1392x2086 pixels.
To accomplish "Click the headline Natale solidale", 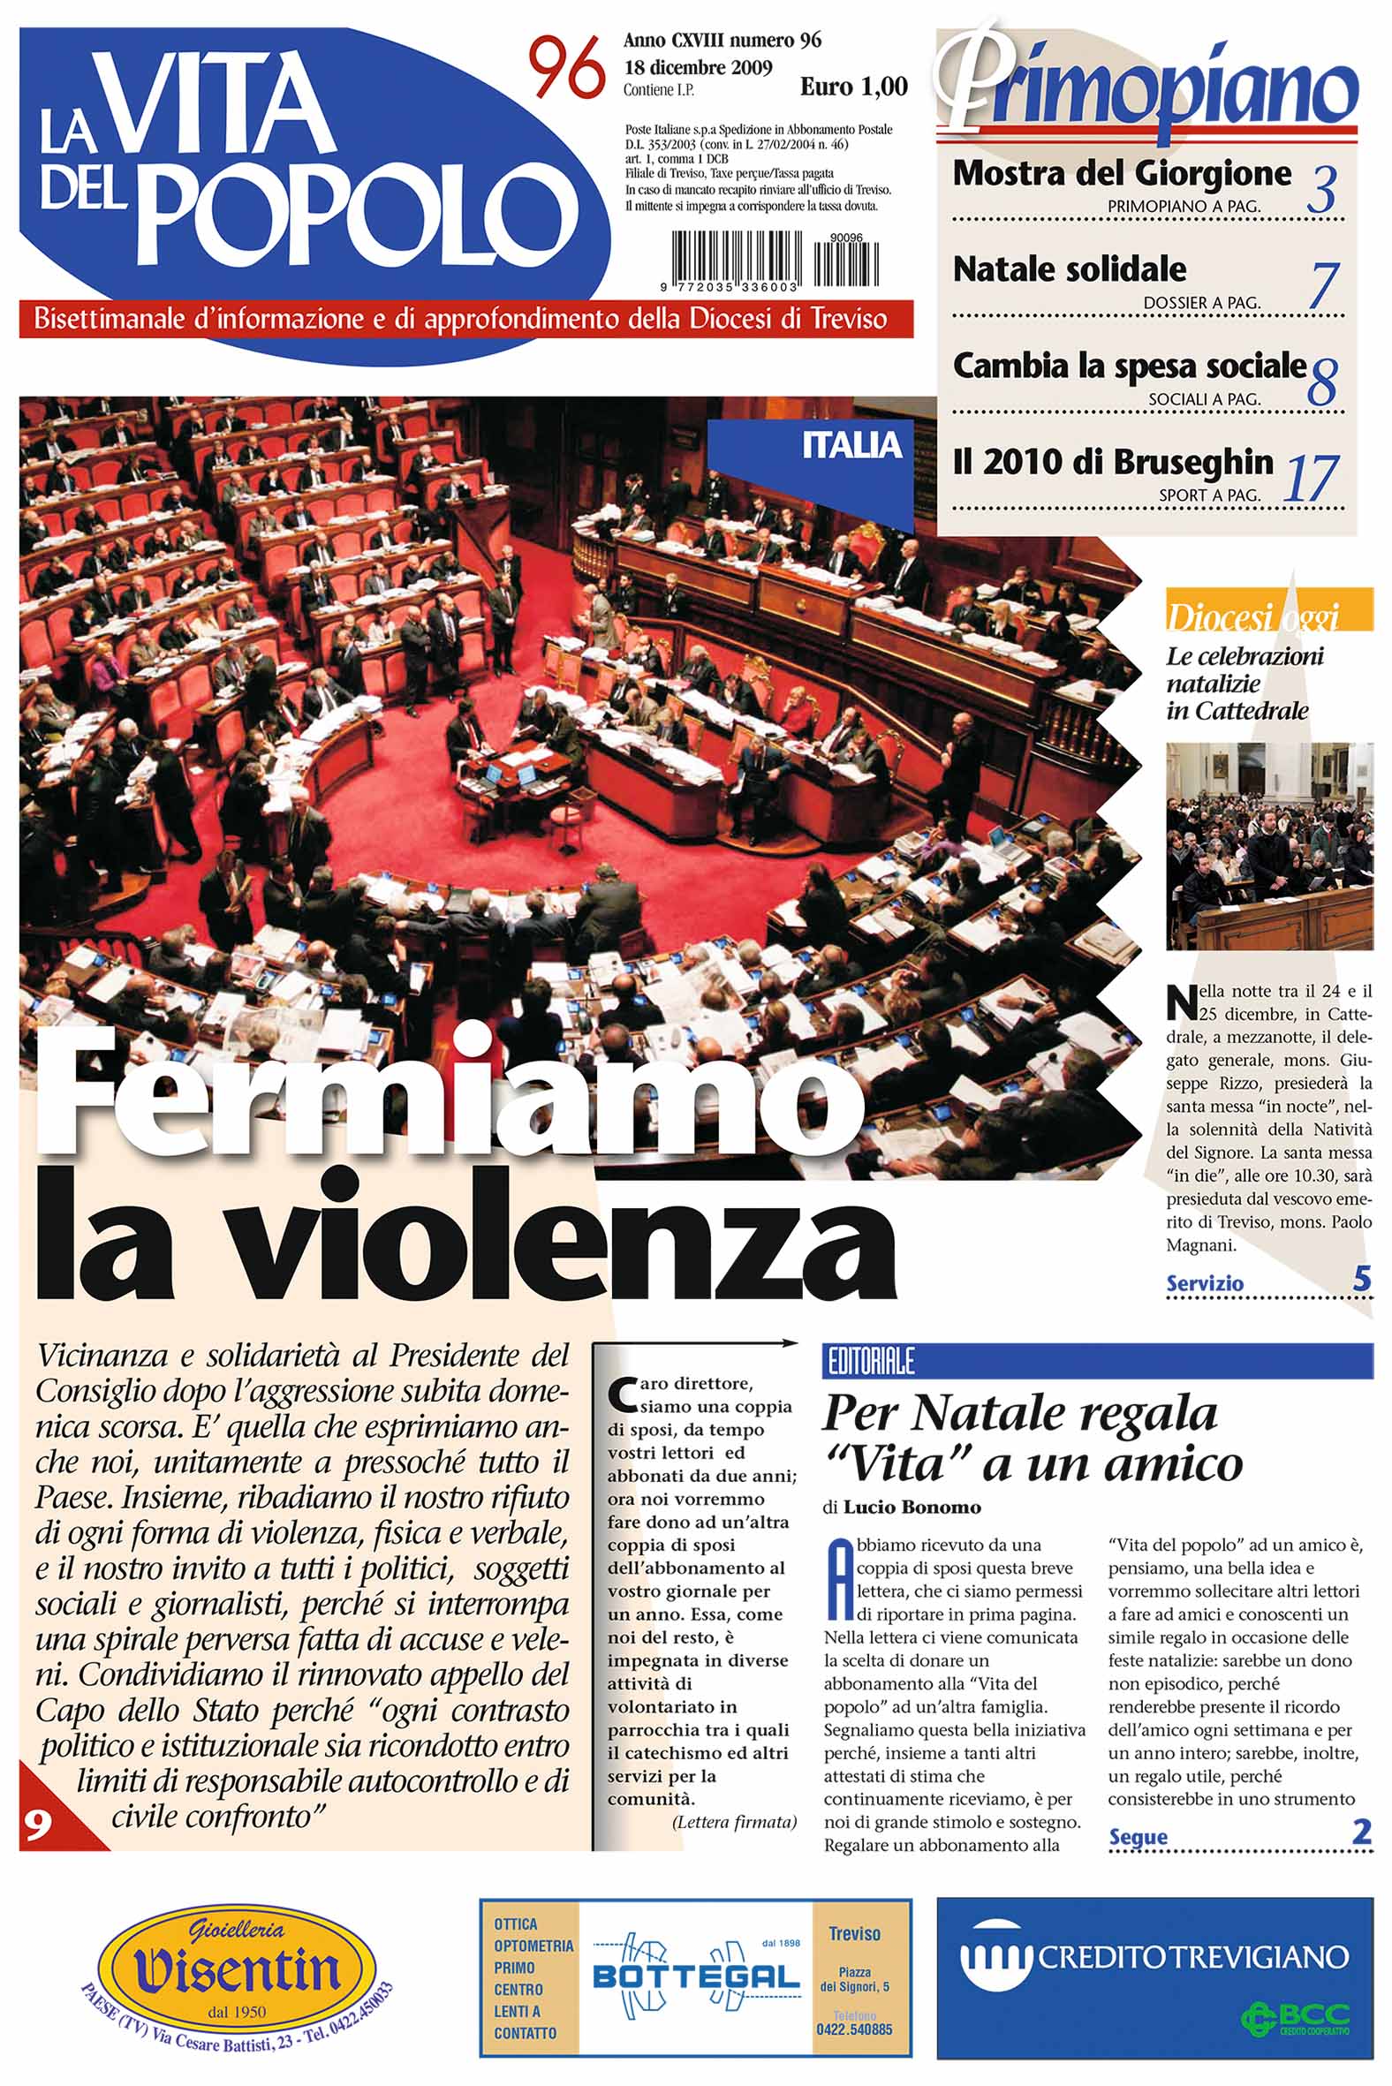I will click(x=1069, y=269).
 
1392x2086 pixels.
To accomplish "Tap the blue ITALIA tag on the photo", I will click(x=851, y=445).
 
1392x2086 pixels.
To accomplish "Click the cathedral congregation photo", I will click(x=1268, y=846).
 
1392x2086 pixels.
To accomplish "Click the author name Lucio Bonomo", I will click(x=912, y=1508).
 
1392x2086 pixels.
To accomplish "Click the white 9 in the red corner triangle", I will click(x=36, y=1825).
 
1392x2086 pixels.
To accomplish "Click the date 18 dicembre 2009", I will click(x=698, y=67).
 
